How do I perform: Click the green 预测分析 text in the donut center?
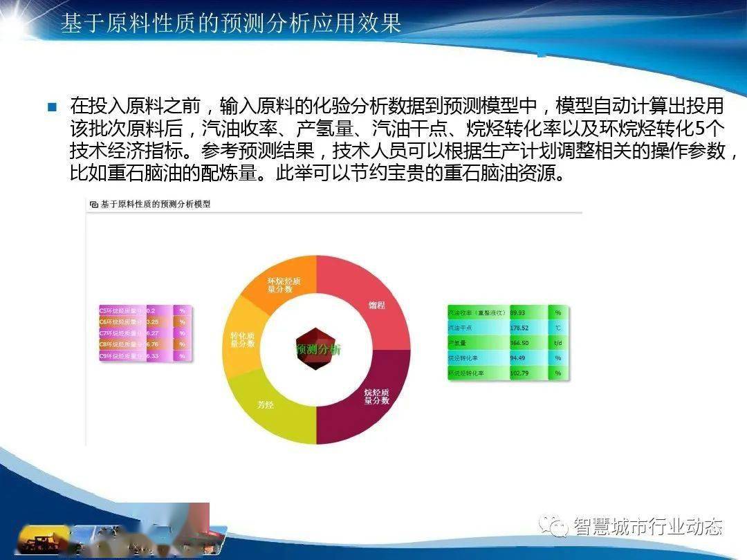pos(317,349)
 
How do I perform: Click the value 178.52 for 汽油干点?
pos(519,328)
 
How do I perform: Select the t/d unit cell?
pos(557,343)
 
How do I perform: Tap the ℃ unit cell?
pos(557,328)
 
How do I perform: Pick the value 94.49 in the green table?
pos(518,358)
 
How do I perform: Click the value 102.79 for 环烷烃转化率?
pos(519,373)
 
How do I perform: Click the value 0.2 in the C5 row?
pos(151,311)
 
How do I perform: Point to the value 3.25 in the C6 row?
pos(153,322)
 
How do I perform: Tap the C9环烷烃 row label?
pos(122,356)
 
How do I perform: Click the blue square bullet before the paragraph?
pos(51,107)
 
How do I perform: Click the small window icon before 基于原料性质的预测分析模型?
pos(93,205)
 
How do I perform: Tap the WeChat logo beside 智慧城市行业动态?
pos(553,527)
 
